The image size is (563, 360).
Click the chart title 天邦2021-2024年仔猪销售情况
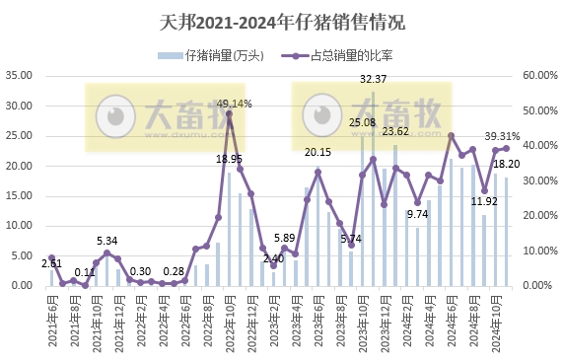pos(281,22)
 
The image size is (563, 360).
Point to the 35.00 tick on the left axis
pos(21,75)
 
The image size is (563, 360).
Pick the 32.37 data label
pos(373,79)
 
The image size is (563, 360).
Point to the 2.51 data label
pos(51,264)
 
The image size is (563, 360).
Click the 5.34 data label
pos(107,241)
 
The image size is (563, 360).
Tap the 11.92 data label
pos(484,202)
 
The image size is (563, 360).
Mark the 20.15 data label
pos(317,153)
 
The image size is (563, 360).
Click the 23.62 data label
pos(395,131)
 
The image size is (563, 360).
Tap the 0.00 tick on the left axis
pos(24,286)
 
